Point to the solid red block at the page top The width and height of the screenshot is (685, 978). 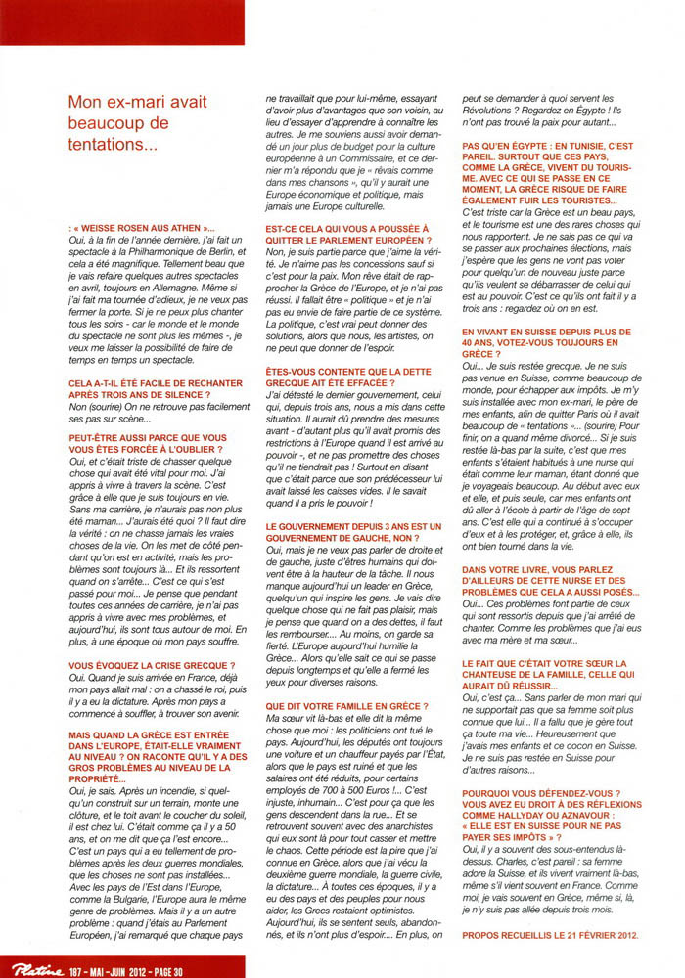(x=122, y=22)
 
